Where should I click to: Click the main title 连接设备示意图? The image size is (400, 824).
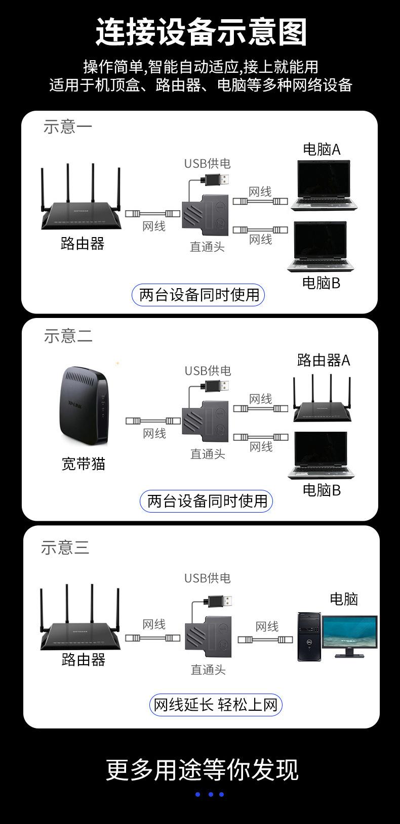pyautogui.click(x=201, y=32)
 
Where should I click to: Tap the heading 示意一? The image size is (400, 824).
pyautogui.click(x=68, y=126)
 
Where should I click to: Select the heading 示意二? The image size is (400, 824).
pyautogui.click(x=68, y=336)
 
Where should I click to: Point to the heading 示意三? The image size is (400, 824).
pyautogui.click(x=65, y=547)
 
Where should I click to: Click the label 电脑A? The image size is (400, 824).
pyautogui.click(x=322, y=149)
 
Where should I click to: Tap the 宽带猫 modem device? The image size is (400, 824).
pyautogui.click(x=85, y=407)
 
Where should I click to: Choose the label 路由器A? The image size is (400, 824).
pyautogui.click(x=324, y=360)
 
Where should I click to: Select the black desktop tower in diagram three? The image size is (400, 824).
pyautogui.click(x=308, y=636)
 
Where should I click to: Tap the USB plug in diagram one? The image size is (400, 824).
pyautogui.click(x=217, y=180)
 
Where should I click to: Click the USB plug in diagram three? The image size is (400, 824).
pyautogui.click(x=220, y=602)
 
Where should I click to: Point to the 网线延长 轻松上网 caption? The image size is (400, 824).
pyautogui.click(x=216, y=704)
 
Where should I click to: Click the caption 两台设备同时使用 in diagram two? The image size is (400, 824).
pyautogui.click(x=207, y=501)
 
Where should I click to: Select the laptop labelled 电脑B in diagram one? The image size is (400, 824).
pyautogui.click(x=320, y=248)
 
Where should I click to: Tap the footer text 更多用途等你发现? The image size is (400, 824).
pyautogui.click(x=202, y=769)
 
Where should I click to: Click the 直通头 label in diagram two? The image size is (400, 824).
pyautogui.click(x=208, y=453)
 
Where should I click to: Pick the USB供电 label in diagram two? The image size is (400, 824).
pyautogui.click(x=208, y=371)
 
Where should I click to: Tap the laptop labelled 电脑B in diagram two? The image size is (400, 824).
pyautogui.click(x=321, y=455)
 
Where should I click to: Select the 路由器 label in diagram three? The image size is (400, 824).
pyautogui.click(x=84, y=660)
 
